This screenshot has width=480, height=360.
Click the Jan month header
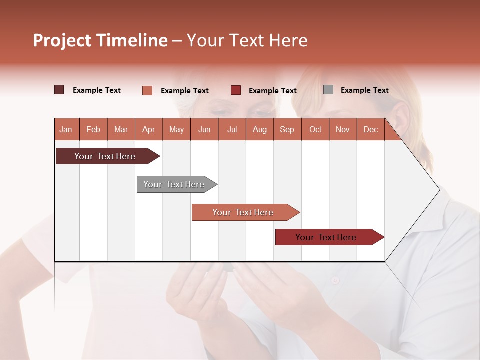66,129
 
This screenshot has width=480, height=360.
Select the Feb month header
93,129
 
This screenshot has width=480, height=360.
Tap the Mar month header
121,129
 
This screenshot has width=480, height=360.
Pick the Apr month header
149,129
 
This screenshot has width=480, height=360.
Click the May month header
176,129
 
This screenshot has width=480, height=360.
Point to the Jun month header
204,129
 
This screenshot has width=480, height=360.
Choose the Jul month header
232,129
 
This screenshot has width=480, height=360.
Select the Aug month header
260,129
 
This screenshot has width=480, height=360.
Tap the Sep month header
287,129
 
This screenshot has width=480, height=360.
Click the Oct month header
315,129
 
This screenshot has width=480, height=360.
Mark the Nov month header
343,129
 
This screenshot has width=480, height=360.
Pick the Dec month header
371,129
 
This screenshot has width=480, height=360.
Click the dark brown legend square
59,90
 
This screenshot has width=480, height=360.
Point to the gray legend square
328,90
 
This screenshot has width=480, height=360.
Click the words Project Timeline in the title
100,40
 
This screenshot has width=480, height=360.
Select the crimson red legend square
236,90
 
